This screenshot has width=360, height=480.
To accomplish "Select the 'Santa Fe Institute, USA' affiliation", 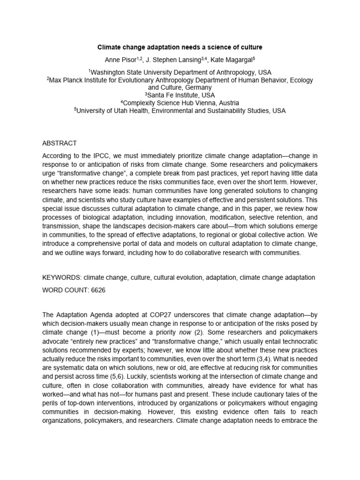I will (x=180, y=95).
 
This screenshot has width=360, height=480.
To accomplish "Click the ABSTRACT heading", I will (x=60, y=143).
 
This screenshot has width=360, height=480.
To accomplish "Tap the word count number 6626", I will (x=96, y=290).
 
